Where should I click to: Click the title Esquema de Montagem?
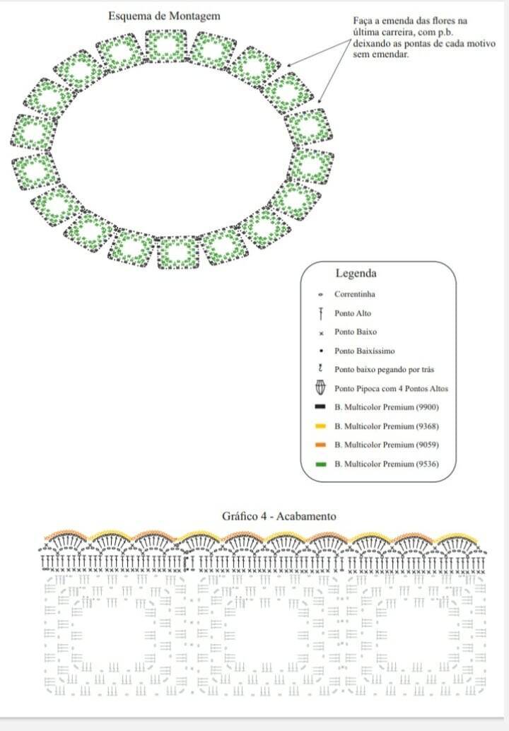[x=164, y=16]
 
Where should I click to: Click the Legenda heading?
[x=356, y=274]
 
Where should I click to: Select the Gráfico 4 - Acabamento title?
[x=279, y=516]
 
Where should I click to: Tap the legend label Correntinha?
[x=355, y=294]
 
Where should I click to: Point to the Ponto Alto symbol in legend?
[x=321, y=314]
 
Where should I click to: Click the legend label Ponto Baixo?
[x=356, y=332]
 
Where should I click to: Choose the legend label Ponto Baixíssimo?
[x=365, y=351]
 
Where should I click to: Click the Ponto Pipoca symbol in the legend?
[x=321, y=388]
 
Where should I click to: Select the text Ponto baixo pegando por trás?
[x=384, y=370]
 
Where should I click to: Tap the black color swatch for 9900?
[x=320, y=407]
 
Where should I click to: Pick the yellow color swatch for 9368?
[x=320, y=426]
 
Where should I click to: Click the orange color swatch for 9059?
[x=320, y=445]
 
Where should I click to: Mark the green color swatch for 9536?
[x=320, y=464]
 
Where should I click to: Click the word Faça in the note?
[x=362, y=21]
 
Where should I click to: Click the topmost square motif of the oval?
[x=166, y=46]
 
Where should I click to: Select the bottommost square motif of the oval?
[x=177, y=253]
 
